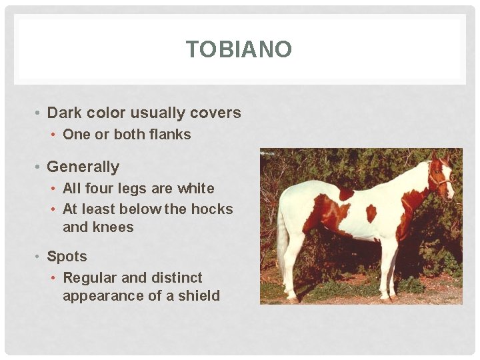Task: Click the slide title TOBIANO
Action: pos(239,49)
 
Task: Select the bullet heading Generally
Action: pos(83,167)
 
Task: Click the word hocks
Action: pos(212,209)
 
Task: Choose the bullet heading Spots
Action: pos(67,256)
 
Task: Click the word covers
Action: pos(217,113)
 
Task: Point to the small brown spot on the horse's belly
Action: pos(371,213)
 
